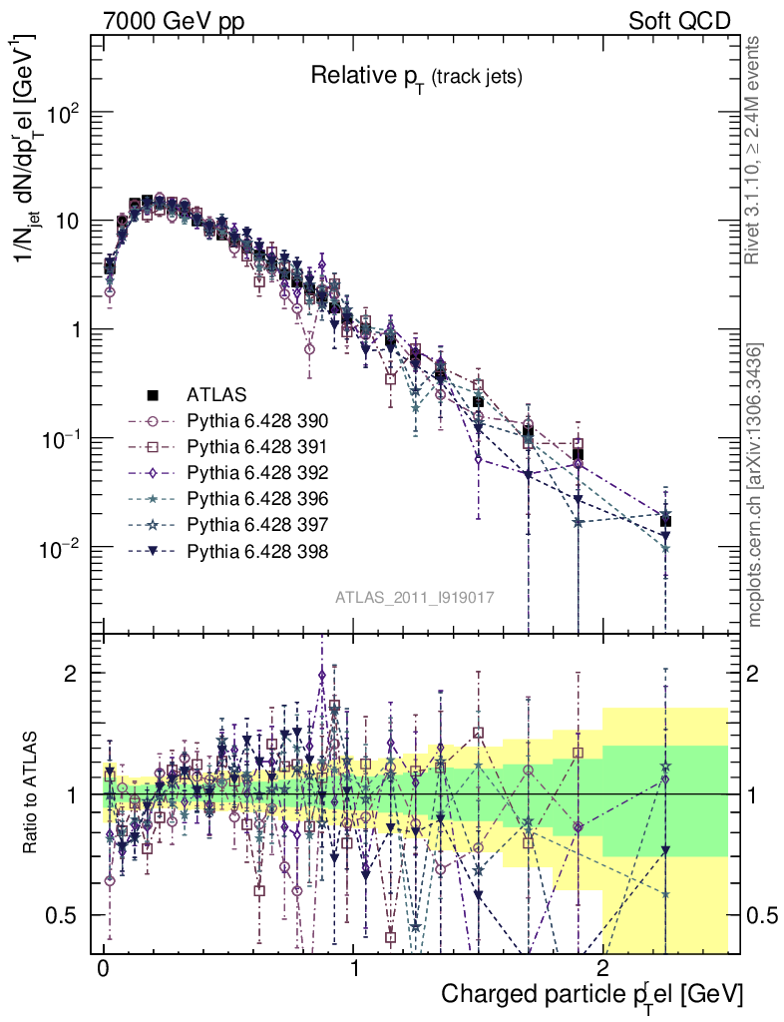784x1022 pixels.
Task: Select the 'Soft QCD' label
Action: [679, 20]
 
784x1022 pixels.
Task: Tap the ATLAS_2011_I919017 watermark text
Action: [415, 598]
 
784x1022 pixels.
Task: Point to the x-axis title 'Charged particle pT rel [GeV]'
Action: [591, 994]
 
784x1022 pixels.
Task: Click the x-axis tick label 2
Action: [602, 971]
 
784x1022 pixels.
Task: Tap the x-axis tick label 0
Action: [103, 971]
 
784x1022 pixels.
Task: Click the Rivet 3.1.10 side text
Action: [755, 150]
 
